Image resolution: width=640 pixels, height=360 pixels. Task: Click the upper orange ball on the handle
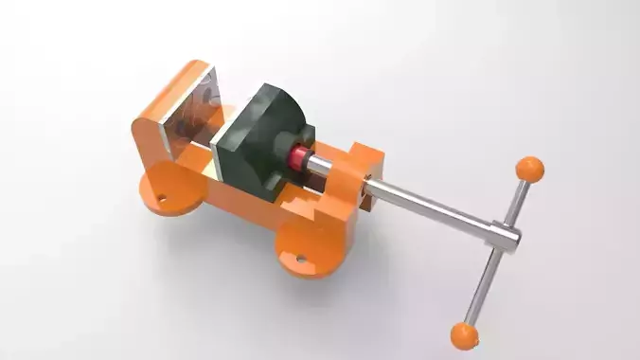click(x=529, y=170)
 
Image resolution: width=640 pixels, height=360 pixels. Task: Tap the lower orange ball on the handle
click(x=464, y=334)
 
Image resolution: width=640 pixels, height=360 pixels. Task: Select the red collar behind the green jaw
click(x=301, y=156)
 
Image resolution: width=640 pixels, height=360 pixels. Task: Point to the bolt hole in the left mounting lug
click(x=161, y=199)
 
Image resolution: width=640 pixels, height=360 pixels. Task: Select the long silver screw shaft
click(x=426, y=208)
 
